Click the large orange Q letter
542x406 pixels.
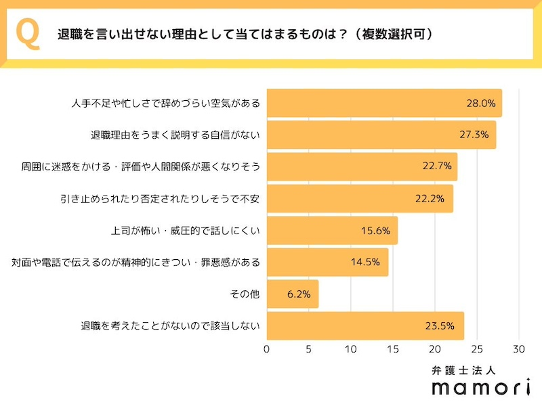pyautogui.click(x=27, y=35)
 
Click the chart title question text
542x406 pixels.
pyautogui.click(x=245, y=35)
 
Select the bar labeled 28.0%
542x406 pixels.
pyautogui.click(x=384, y=104)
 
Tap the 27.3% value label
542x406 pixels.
pyautogui.click(x=474, y=135)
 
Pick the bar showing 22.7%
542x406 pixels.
pyautogui.click(x=362, y=166)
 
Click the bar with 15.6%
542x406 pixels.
pyautogui.click(x=332, y=230)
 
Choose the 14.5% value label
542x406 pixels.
pyautogui.click(x=366, y=262)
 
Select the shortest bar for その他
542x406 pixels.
pyautogui.click(x=293, y=294)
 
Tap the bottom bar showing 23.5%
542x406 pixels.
pyautogui.click(x=365, y=325)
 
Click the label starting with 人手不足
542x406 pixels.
pyautogui.click(x=166, y=104)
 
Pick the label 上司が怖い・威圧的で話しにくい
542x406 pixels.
pyautogui.click(x=186, y=230)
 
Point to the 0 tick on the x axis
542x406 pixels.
pyautogui.click(x=267, y=349)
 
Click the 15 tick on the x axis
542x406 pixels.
pyautogui.click(x=393, y=349)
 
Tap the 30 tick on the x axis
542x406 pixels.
pyautogui.click(x=520, y=349)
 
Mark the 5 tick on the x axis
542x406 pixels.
pyautogui.click(x=309, y=349)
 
